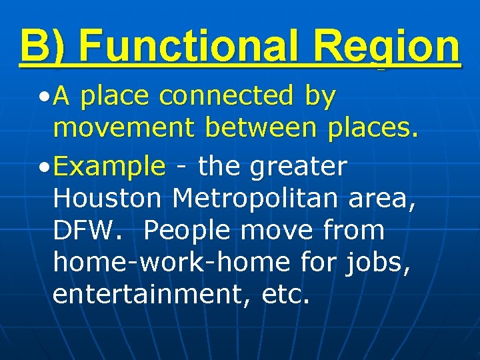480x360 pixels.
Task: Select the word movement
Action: [124, 129]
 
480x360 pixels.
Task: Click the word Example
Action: [109, 167]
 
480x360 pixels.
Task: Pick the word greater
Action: [298, 167]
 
